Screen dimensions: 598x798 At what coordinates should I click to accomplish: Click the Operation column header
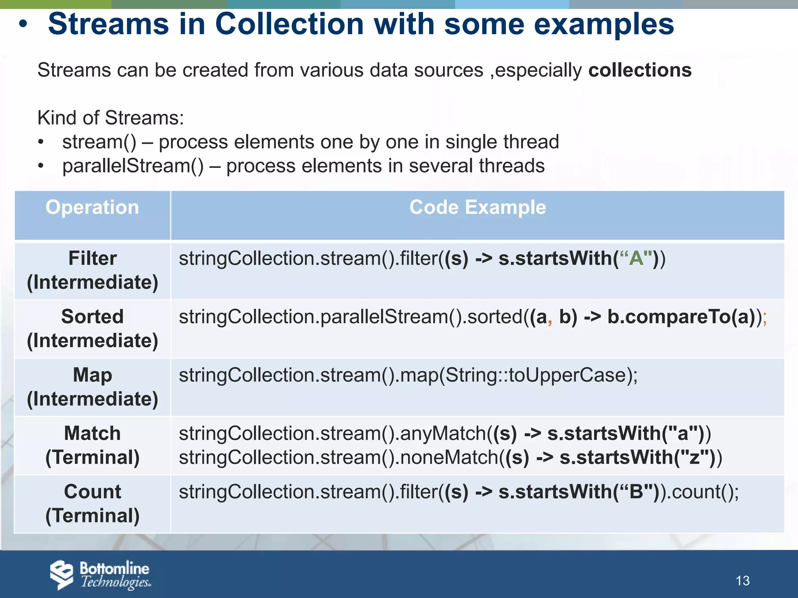click(92, 208)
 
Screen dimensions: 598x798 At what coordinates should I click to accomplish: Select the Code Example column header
click(477, 208)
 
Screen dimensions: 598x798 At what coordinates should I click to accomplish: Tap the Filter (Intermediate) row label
click(92, 270)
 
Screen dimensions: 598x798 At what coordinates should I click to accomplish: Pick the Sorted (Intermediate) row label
click(92, 329)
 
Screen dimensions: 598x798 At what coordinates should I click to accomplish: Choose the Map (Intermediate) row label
click(92, 387)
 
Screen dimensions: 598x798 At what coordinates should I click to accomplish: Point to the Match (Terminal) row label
click(92, 445)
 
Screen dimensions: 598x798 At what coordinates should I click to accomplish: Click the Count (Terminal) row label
click(92, 504)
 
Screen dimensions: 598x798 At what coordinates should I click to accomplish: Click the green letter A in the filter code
click(636, 259)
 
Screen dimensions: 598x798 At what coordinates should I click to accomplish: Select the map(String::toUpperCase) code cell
click(408, 375)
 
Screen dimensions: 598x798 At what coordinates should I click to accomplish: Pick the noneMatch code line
click(450, 457)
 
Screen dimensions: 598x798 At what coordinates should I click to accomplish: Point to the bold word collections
click(640, 70)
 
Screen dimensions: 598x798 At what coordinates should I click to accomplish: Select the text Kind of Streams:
click(111, 118)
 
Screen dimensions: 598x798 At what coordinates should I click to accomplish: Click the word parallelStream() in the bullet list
click(133, 166)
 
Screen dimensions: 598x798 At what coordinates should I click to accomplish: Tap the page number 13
click(742, 581)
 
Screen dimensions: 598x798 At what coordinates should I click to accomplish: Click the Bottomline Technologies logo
click(100, 575)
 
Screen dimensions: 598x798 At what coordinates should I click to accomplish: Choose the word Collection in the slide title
click(290, 24)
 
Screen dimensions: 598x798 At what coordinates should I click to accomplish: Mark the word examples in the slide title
click(604, 24)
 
